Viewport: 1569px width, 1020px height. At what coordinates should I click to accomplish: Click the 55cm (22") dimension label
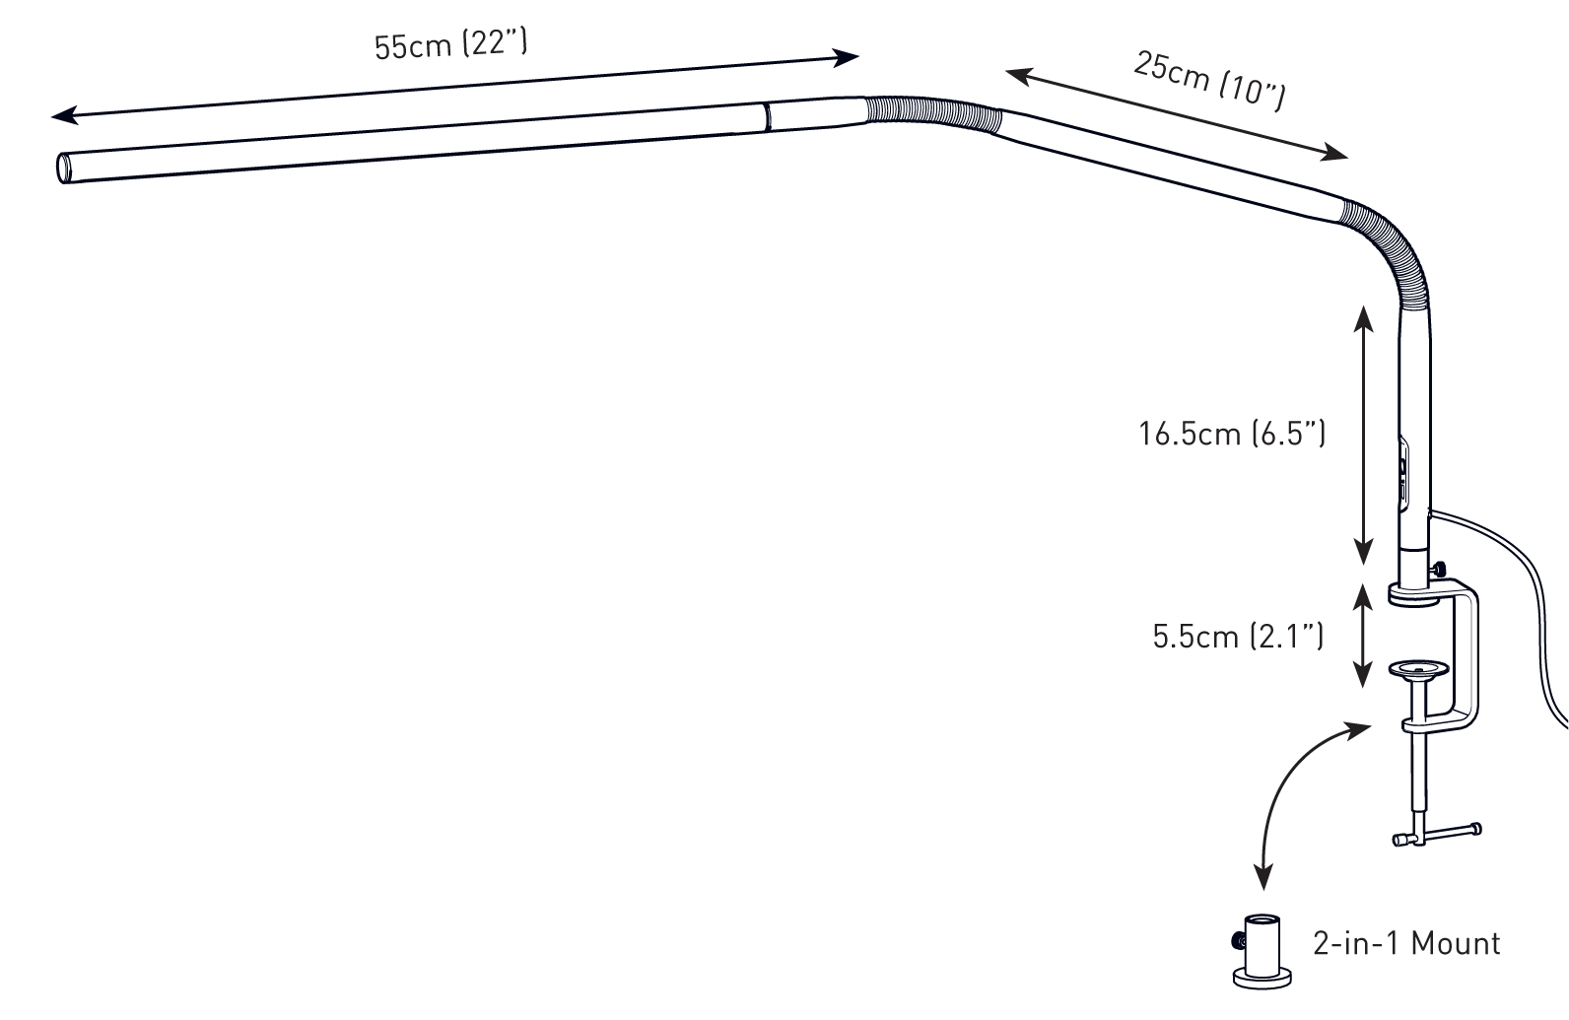(450, 44)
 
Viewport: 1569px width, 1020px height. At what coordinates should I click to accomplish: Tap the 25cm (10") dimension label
(1209, 81)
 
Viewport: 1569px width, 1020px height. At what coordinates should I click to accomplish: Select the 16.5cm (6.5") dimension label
(1232, 434)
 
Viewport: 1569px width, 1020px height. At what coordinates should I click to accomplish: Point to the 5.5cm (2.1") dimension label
(1239, 636)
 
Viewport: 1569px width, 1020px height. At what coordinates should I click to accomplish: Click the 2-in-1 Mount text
(1406, 943)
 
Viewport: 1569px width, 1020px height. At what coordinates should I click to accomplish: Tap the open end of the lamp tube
(64, 169)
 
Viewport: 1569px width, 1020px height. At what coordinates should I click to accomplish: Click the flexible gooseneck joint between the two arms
(933, 114)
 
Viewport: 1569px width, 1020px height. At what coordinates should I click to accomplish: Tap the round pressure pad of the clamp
(1418, 670)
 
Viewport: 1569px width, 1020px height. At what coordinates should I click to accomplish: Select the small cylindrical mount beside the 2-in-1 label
(1262, 952)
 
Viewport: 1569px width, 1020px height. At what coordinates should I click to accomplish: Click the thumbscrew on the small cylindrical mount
(1238, 941)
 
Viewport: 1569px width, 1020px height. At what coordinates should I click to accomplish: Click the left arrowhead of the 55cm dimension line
(64, 115)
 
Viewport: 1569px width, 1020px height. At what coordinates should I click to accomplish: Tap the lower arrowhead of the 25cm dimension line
(1333, 153)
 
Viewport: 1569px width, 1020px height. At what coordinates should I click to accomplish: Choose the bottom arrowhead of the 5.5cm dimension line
(1362, 675)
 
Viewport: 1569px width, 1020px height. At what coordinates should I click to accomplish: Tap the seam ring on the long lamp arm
(767, 117)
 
